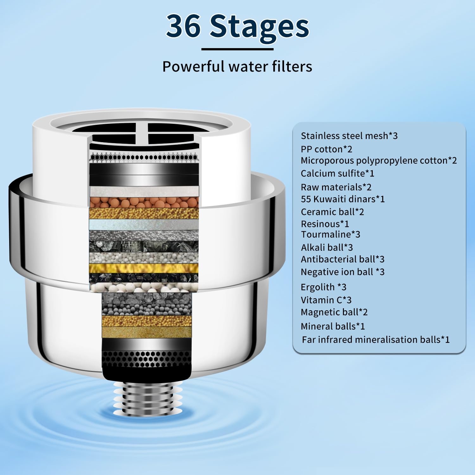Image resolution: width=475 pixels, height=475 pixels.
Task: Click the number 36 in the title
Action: (x=183, y=26)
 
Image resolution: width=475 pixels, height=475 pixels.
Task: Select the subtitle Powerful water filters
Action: (x=237, y=66)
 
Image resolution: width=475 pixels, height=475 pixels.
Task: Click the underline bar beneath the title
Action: (x=237, y=49)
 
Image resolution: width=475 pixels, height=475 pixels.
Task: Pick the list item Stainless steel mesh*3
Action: (x=349, y=136)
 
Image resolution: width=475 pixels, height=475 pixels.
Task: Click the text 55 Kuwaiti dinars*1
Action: (x=343, y=199)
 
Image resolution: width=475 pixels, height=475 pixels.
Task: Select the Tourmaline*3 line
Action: (x=331, y=234)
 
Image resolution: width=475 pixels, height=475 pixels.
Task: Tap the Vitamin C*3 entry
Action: (x=326, y=300)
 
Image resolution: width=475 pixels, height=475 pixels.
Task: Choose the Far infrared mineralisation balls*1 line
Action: (x=376, y=340)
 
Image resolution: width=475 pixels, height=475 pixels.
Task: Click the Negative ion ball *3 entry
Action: (x=343, y=272)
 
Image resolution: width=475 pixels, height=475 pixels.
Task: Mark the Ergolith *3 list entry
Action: (x=324, y=287)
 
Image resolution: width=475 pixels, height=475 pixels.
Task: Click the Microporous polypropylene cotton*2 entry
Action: (x=379, y=161)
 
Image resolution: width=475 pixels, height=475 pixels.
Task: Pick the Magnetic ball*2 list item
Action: (x=334, y=312)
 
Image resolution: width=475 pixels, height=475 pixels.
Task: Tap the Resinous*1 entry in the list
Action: (x=325, y=224)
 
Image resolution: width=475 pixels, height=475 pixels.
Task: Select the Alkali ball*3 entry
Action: (x=327, y=247)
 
